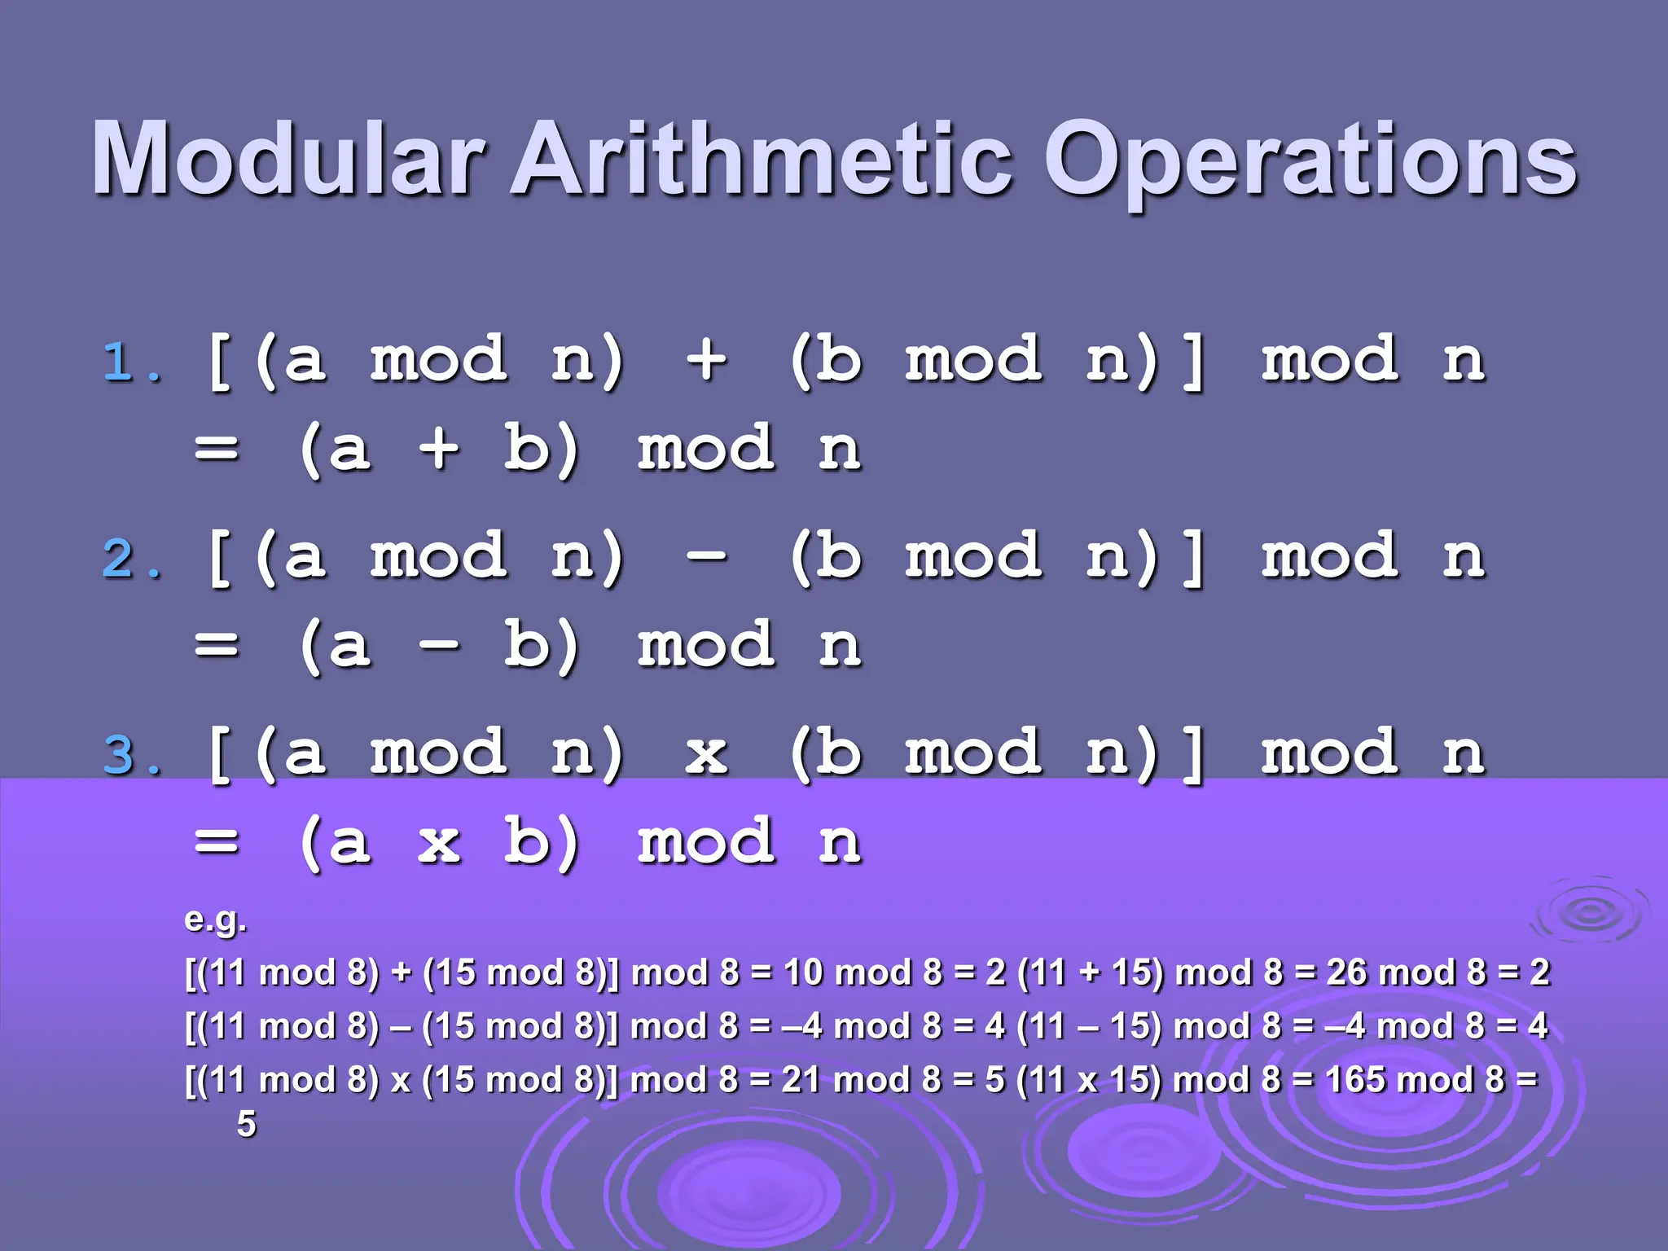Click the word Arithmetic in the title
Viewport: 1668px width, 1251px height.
(x=762, y=159)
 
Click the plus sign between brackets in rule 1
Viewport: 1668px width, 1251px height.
(x=705, y=359)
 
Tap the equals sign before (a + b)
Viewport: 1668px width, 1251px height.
(x=217, y=449)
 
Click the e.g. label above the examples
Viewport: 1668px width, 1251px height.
(x=215, y=920)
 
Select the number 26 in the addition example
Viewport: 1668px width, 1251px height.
(x=1347, y=972)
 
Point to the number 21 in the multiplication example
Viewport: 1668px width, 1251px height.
(x=800, y=1080)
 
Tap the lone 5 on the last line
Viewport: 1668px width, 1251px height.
(x=246, y=1125)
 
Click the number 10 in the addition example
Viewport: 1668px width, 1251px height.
(x=803, y=972)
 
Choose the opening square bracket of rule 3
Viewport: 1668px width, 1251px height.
(x=218, y=754)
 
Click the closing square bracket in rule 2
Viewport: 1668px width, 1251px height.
(x=1192, y=558)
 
